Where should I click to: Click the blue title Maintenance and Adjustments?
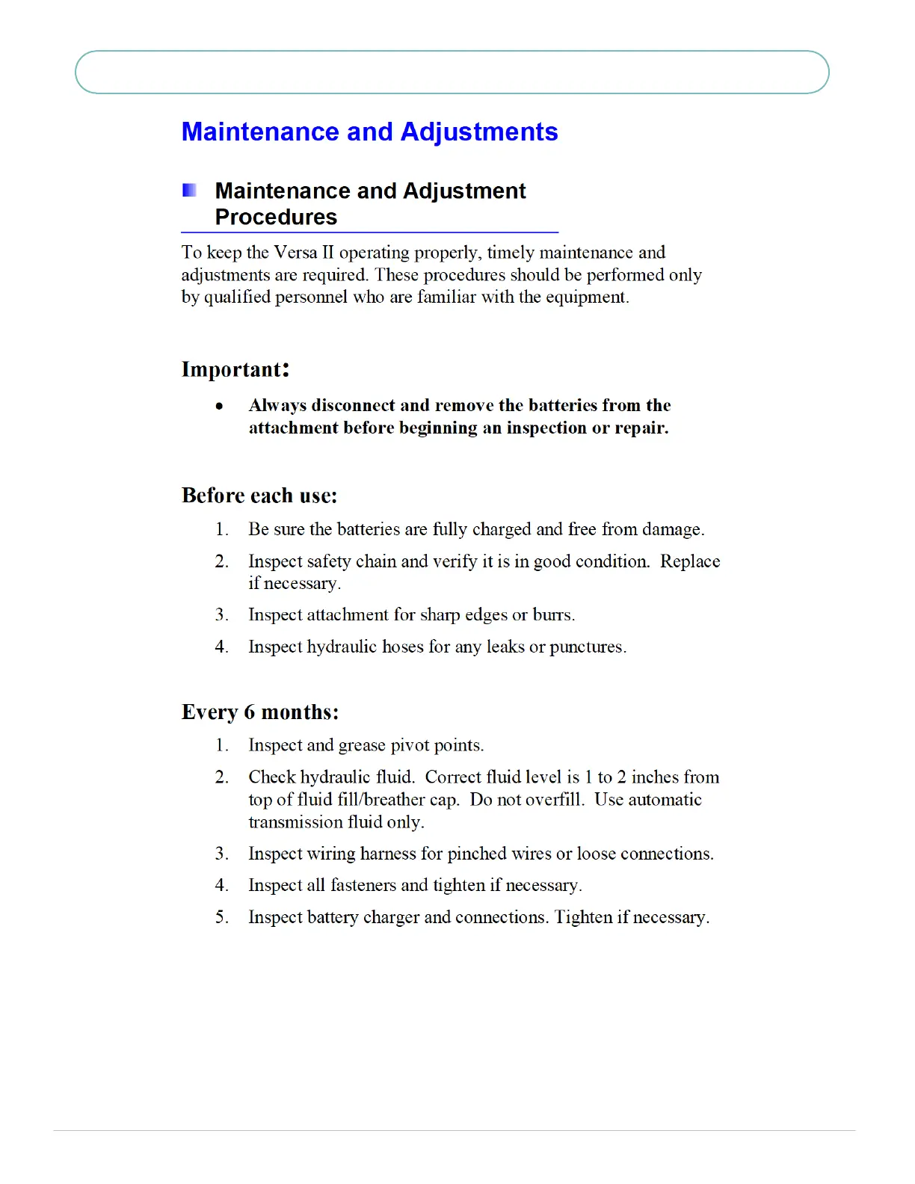click(369, 132)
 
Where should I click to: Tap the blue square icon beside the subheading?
click(190, 191)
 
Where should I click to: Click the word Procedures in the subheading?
click(276, 218)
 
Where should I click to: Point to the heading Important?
click(235, 369)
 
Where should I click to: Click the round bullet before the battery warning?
click(219, 407)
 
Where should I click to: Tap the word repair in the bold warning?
click(641, 428)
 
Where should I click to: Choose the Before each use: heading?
click(259, 496)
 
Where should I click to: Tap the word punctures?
click(588, 647)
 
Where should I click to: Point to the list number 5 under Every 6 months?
click(221, 917)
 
